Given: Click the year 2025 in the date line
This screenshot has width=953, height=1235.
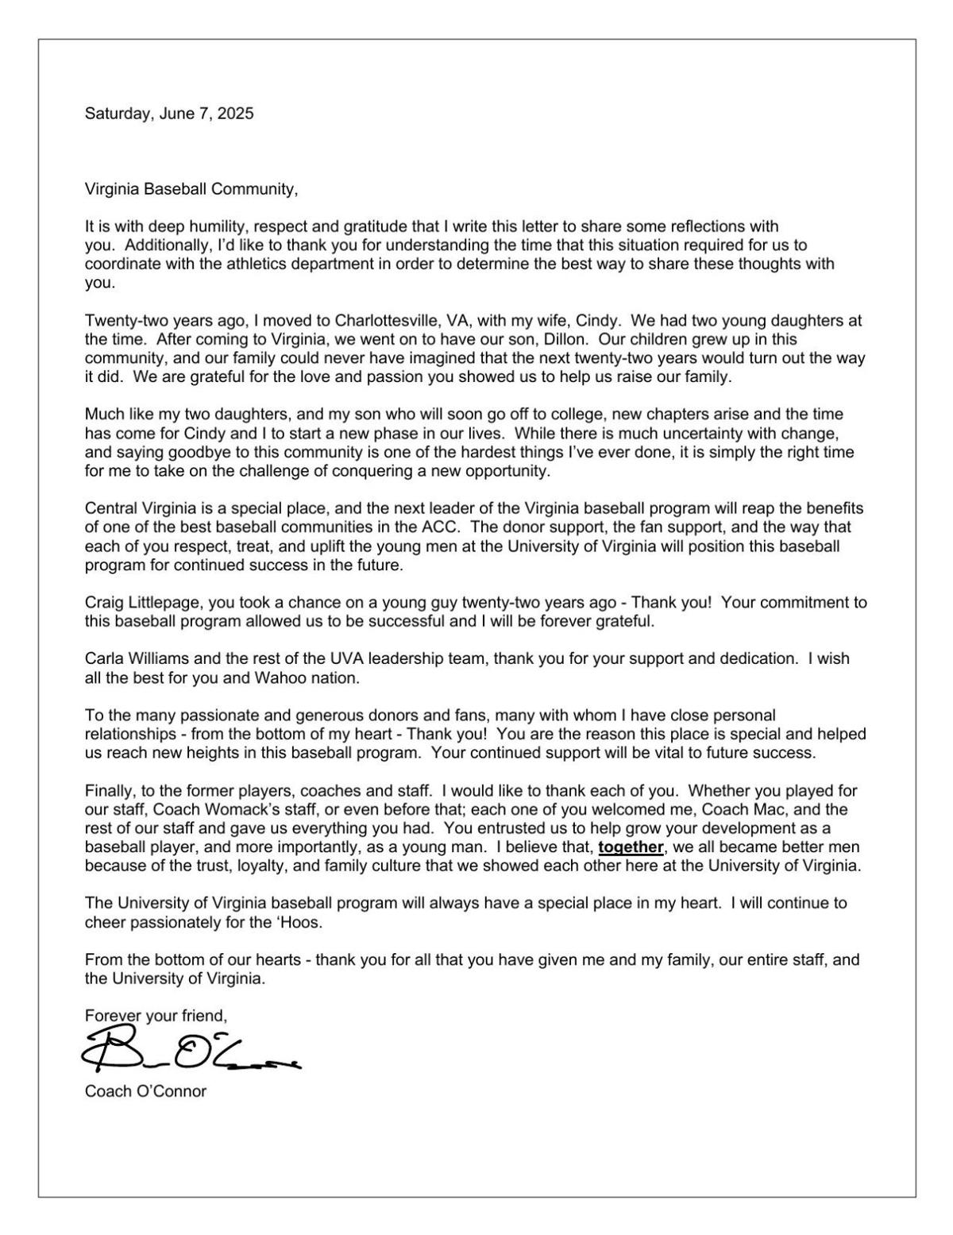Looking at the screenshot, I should [x=237, y=114].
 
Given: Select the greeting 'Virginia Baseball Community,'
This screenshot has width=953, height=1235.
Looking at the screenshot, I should [x=191, y=190].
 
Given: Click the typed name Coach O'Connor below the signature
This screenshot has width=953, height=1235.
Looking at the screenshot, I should [x=145, y=1091].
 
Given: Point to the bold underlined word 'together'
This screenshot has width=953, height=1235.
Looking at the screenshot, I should [x=631, y=847].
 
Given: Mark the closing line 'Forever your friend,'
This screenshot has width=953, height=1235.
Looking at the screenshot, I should [x=156, y=1016].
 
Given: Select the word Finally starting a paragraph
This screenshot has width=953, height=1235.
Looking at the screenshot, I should [x=108, y=791].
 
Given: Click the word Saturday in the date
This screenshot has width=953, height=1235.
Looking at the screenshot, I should [x=118, y=114].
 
